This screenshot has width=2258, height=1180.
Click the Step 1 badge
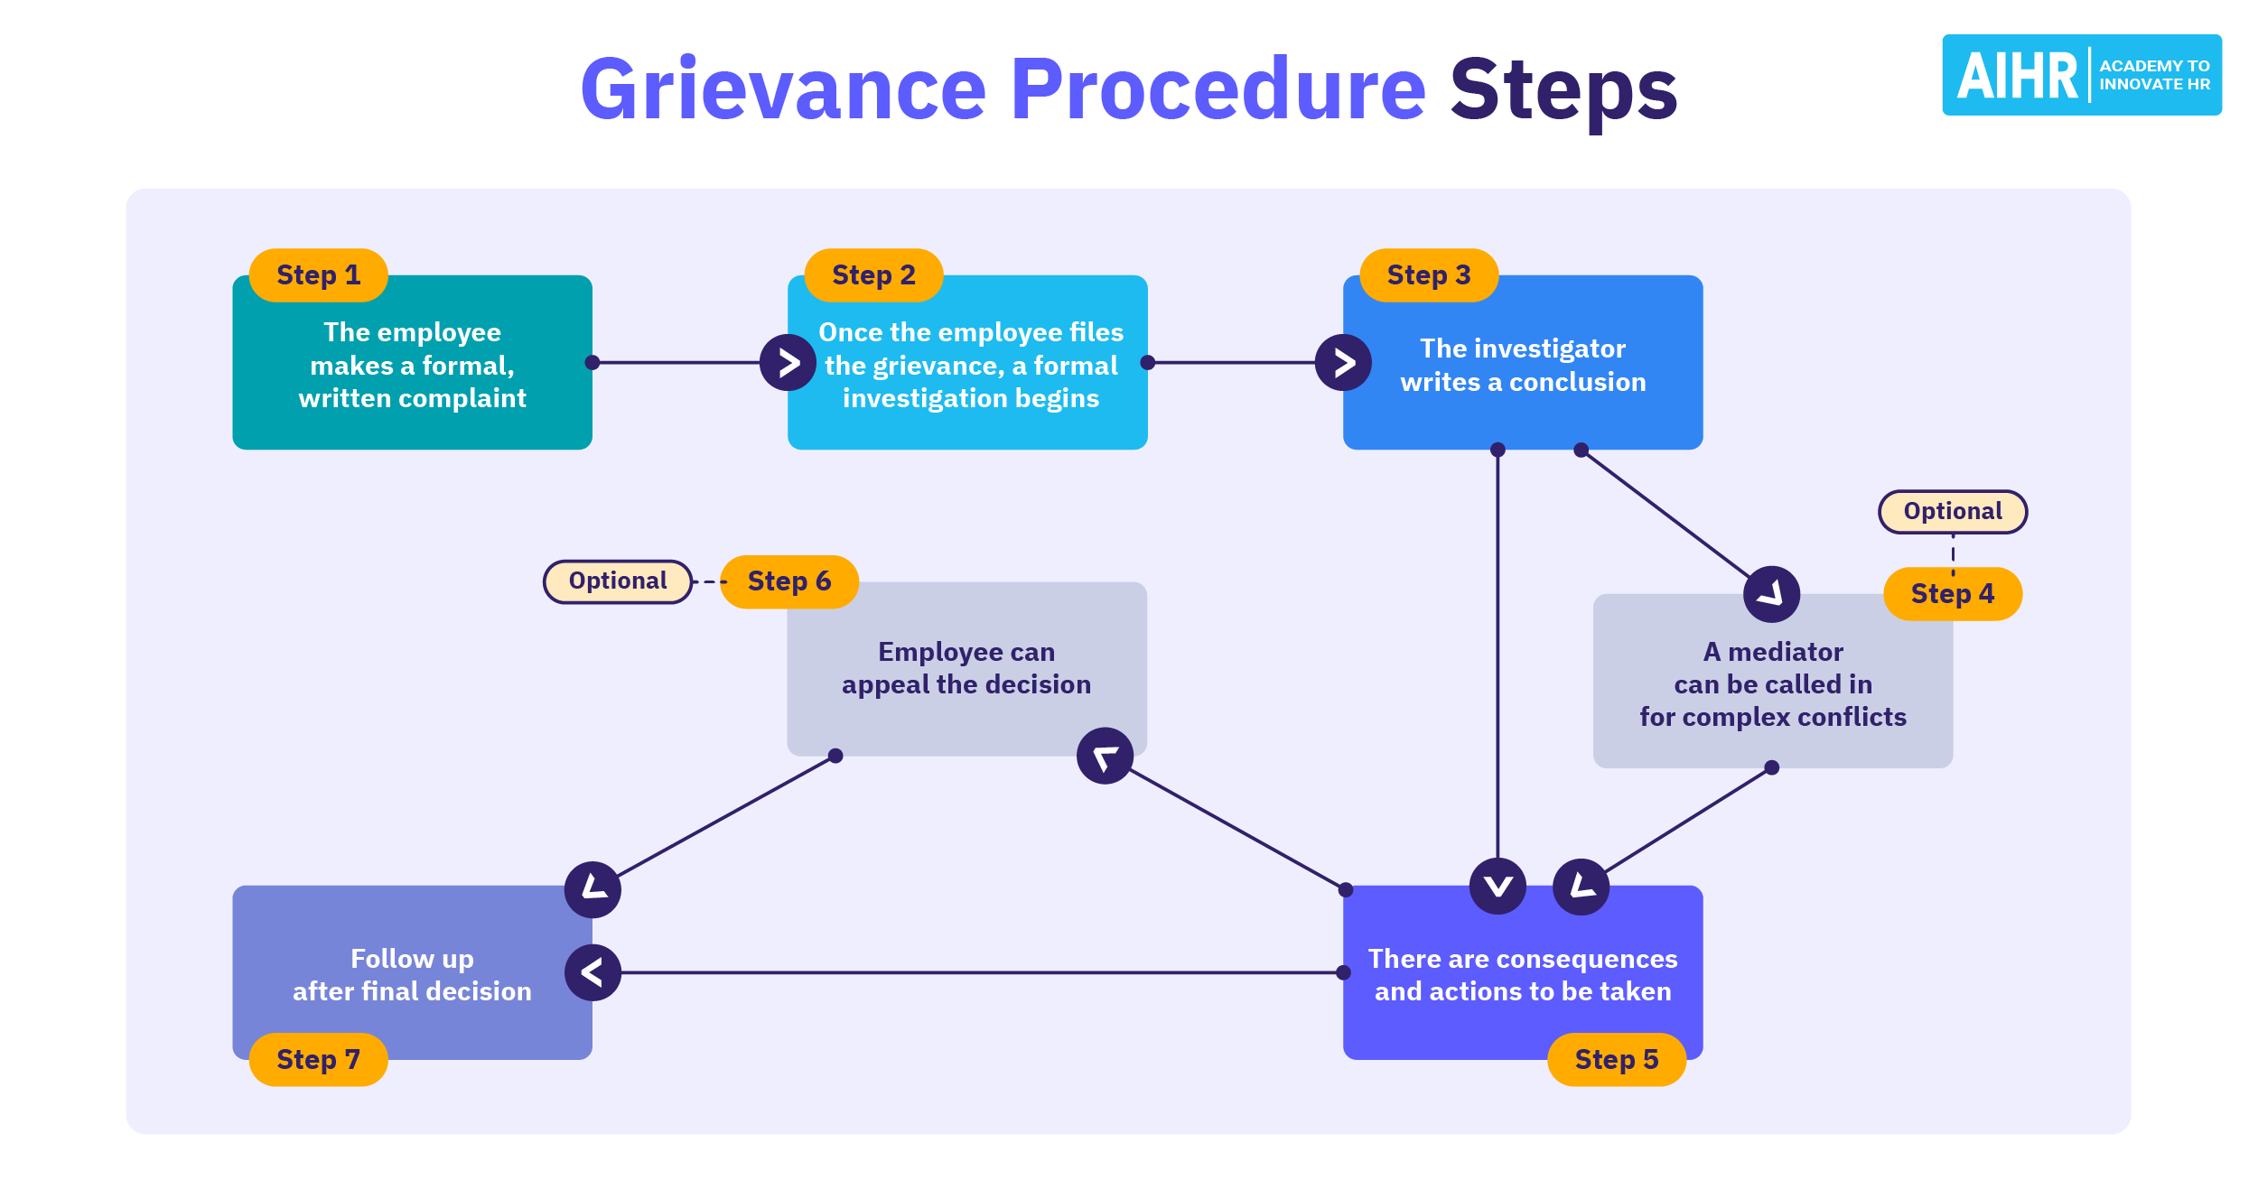coord(318,274)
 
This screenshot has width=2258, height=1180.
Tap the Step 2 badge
coord(873,274)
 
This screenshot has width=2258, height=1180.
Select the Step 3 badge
coord(1429,274)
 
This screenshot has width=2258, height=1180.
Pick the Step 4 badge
coord(1953,593)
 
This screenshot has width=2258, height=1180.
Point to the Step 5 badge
coord(1617,1059)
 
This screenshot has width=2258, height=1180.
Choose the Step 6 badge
coord(789,581)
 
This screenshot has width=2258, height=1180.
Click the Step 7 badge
coord(318,1059)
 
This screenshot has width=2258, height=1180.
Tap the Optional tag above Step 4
coord(1953,512)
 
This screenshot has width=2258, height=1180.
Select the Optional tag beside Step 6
coord(618,581)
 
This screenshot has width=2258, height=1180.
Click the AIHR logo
coord(2082,75)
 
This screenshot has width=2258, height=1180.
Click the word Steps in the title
coord(1563,89)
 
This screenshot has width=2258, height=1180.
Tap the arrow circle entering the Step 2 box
coord(788,363)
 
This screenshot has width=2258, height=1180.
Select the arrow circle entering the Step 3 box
coord(1344,363)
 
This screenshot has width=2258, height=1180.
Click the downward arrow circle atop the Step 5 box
coord(1498,886)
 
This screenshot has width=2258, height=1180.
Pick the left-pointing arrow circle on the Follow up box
coord(592,972)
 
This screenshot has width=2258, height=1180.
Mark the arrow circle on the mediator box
coord(1771,594)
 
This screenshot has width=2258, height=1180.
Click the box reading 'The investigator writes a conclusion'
coord(1523,379)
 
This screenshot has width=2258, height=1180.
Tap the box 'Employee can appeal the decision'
coord(966,668)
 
